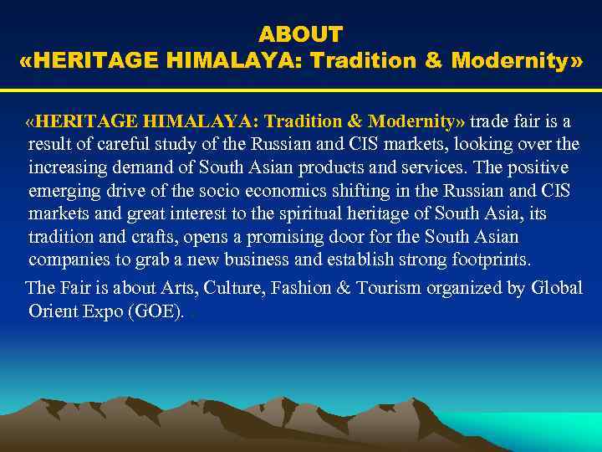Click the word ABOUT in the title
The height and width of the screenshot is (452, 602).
click(x=300, y=34)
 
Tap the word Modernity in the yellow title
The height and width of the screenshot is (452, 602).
click(x=511, y=61)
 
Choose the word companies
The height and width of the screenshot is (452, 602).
click(x=66, y=259)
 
